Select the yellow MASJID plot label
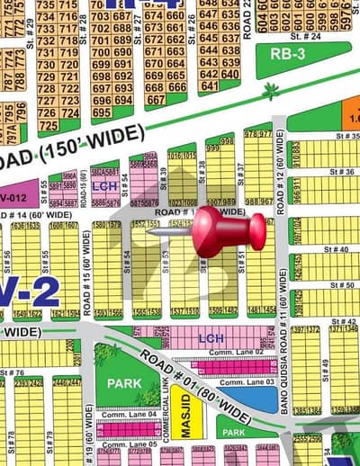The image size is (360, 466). (185, 417)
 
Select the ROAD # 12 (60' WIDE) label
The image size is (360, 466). (281, 171)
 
